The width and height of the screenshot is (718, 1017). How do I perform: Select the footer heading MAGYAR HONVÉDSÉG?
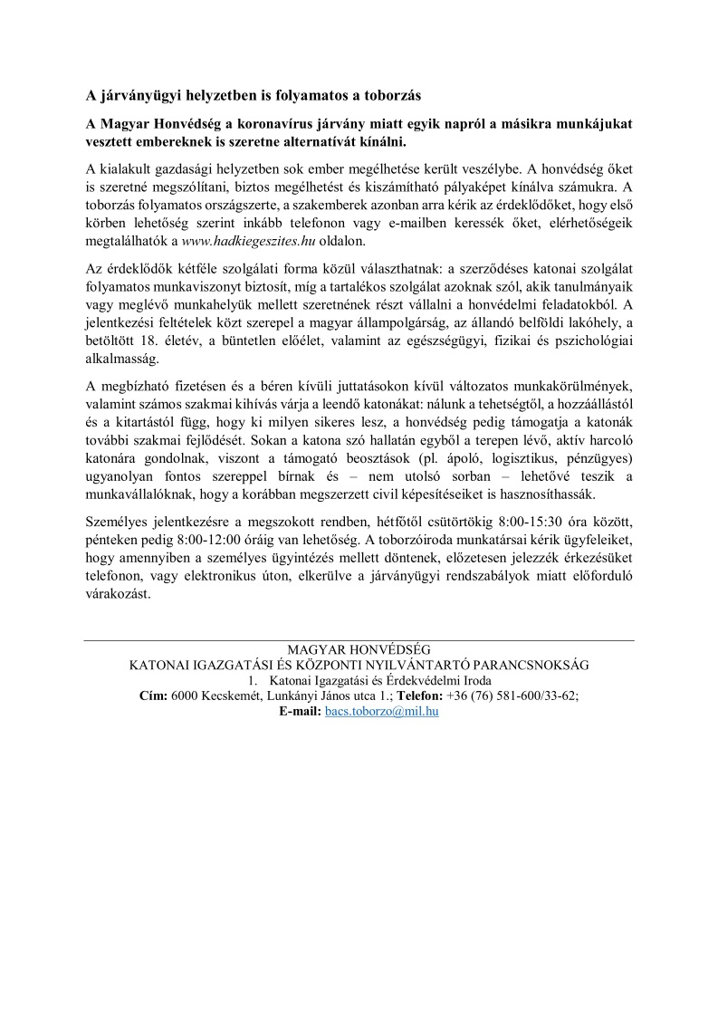pyautogui.click(x=359, y=649)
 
